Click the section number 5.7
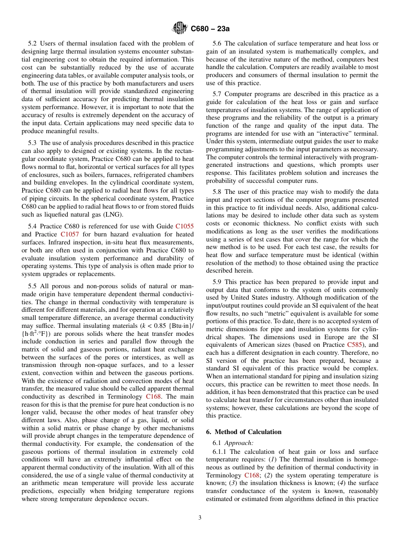click(218, 94)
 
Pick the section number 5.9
click(218, 281)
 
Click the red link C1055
click(184, 226)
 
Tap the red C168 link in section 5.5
click(154, 397)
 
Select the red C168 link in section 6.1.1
click(253, 475)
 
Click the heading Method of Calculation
click(248, 432)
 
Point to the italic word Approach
click(239, 442)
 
